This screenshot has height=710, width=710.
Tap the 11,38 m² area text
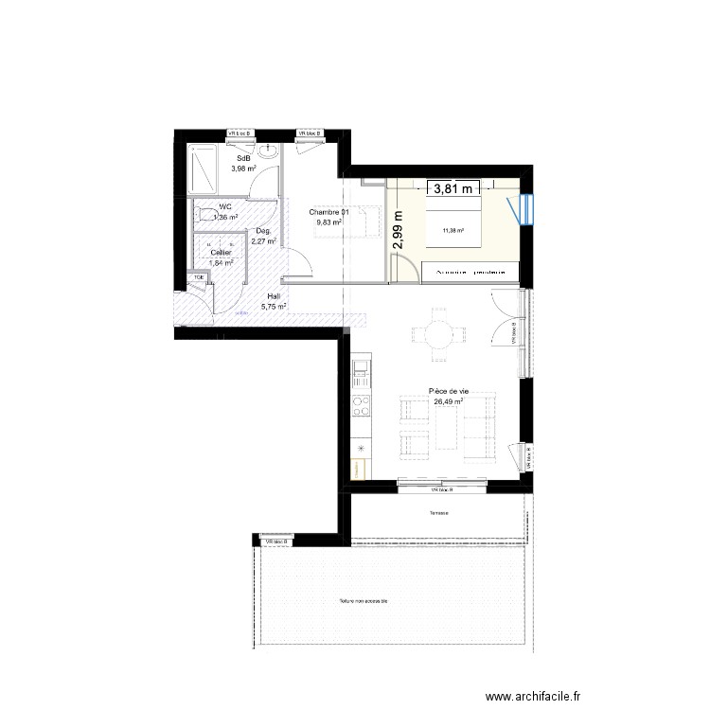(453, 230)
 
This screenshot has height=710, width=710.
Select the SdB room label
(243, 158)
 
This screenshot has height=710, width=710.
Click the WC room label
(224, 206)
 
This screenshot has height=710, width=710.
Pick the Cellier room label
(221, 253)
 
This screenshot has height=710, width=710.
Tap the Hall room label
(274, 296)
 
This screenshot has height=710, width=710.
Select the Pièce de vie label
(449, 390)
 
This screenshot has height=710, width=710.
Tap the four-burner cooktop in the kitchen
(361, 407)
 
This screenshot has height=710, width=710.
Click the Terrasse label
(436, 514)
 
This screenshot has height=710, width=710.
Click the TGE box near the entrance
(199, 277)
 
